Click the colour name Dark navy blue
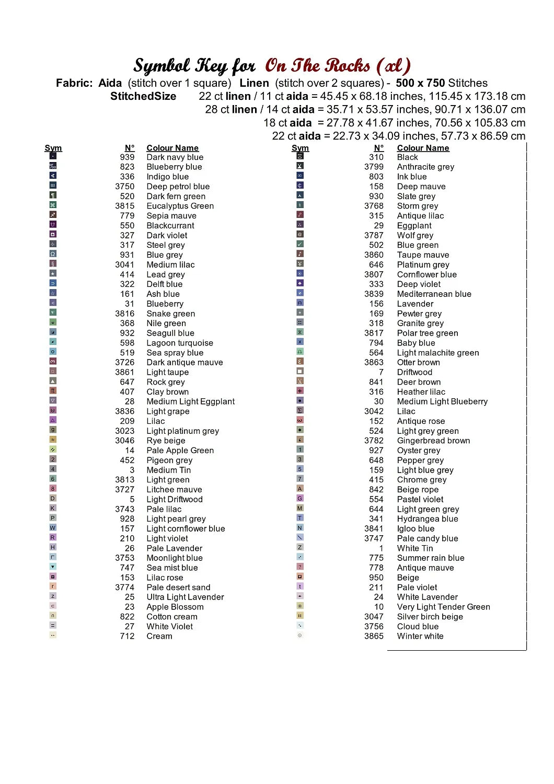tap(175, 157)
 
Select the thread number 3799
tap(374, 167)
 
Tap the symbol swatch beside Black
tap(300, 156)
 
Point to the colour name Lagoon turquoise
tap(179, 343)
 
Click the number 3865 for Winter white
tap(374, 636)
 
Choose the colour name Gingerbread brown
tap(433, 441)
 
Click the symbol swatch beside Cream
tap(53, 635)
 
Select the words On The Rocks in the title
tap(317, 66)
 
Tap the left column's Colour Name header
tap(172, 148)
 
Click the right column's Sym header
tap(300, 148)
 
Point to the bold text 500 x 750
tap(420, 83)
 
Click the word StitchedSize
tap(143, 96)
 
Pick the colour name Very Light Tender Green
tap(443, 607)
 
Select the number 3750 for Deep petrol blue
tap(125, 187)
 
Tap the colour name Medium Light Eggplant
tap(190, 401)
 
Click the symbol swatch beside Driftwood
tap(300, 371)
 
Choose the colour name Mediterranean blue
tap(434, 294)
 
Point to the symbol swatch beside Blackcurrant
tap(53, 224)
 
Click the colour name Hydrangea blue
tap(427, 519)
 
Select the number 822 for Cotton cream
tap(127, 617)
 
